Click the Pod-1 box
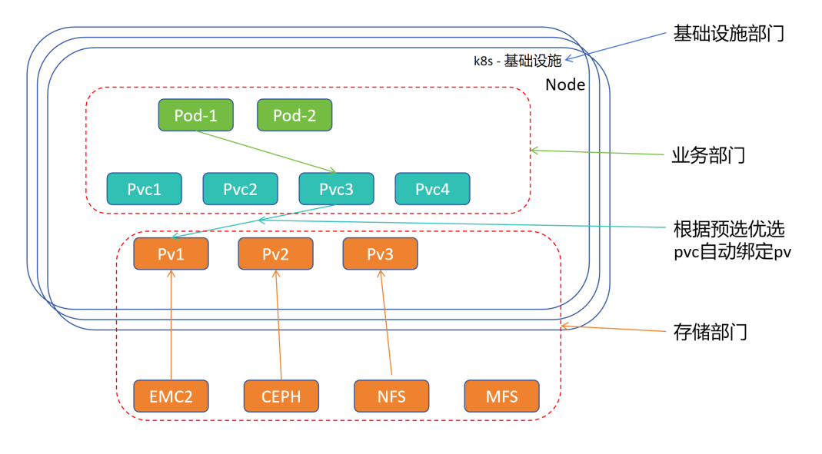tap(195, 115)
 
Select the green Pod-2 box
tap(294, 115)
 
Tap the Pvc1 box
tap(144, 189)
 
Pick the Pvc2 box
tap(240, 189)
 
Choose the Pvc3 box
tap(336, 189)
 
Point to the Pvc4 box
tap(432, 189)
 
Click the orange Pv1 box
tap(171, 254)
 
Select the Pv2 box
tap(275, 254)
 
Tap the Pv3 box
tap(380, 254)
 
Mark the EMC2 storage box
tap(171, 396)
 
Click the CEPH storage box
tap(281, 396)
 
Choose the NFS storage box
tap(391, 396)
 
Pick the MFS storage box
tap(501, 396)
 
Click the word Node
tap(565, 85)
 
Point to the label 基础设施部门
tap(728, 34)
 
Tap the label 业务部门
tap(708, 156)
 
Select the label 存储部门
tap(709, 333)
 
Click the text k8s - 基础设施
tap(517, 61)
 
